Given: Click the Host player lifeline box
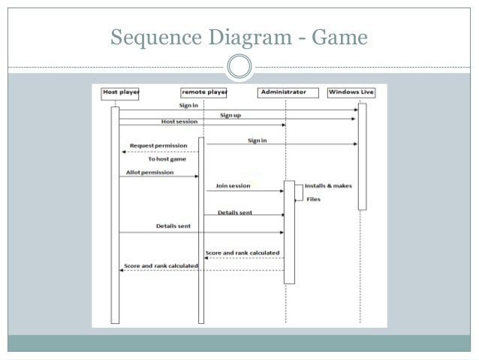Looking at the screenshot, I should click(x=121, y=92).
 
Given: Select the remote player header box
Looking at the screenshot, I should click(x=203, y=92).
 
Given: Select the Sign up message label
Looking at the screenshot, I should click(x=230, y=115).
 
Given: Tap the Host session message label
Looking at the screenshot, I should click(x=177, y=122).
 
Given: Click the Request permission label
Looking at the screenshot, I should click(x=158, y=145).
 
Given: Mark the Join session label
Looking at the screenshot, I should click(x=233, y=186).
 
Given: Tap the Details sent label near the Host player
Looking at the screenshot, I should click(x=173, y=225).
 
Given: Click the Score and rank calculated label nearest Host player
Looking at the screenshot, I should click(x=161, y=265).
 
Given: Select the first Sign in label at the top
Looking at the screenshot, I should click(x=188, y=105).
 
